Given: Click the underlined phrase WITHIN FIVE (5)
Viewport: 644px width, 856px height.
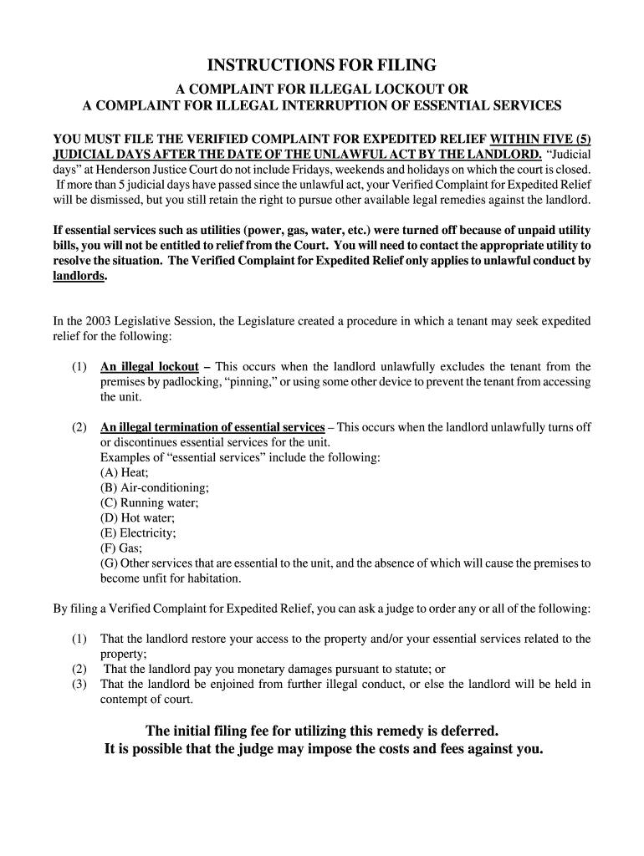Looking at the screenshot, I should (545, 139).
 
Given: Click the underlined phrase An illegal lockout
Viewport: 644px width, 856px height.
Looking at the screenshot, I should (149, 367).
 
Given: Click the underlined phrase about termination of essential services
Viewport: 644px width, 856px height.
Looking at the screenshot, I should (212, 427).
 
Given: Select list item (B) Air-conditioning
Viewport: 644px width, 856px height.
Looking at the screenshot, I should (154, 487).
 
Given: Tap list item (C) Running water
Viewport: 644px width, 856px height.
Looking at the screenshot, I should (149, 502).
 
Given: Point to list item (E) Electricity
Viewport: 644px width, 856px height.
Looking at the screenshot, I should (138, 532).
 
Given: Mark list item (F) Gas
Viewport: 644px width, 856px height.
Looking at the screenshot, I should (120, 548).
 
